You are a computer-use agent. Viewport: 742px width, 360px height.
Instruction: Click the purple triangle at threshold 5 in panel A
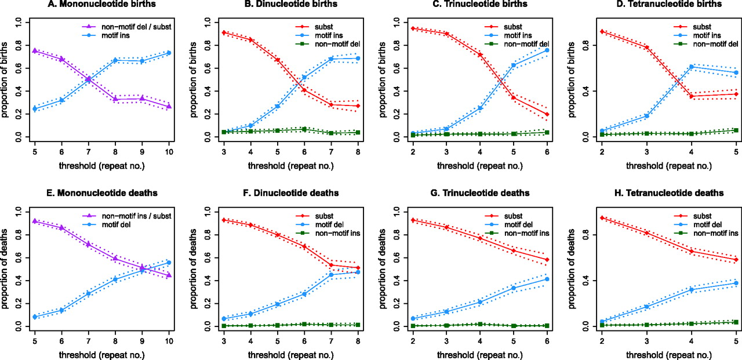(35, 51)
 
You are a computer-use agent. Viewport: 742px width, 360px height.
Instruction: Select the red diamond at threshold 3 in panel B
(224, 32)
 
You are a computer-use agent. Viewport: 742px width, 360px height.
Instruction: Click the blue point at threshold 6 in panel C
(547, 50)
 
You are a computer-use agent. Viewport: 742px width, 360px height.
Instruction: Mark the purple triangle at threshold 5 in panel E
(35, 221)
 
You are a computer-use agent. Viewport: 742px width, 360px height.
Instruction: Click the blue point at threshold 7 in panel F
(331, 274)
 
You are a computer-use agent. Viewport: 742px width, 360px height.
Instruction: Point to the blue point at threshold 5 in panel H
(719, 283)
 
